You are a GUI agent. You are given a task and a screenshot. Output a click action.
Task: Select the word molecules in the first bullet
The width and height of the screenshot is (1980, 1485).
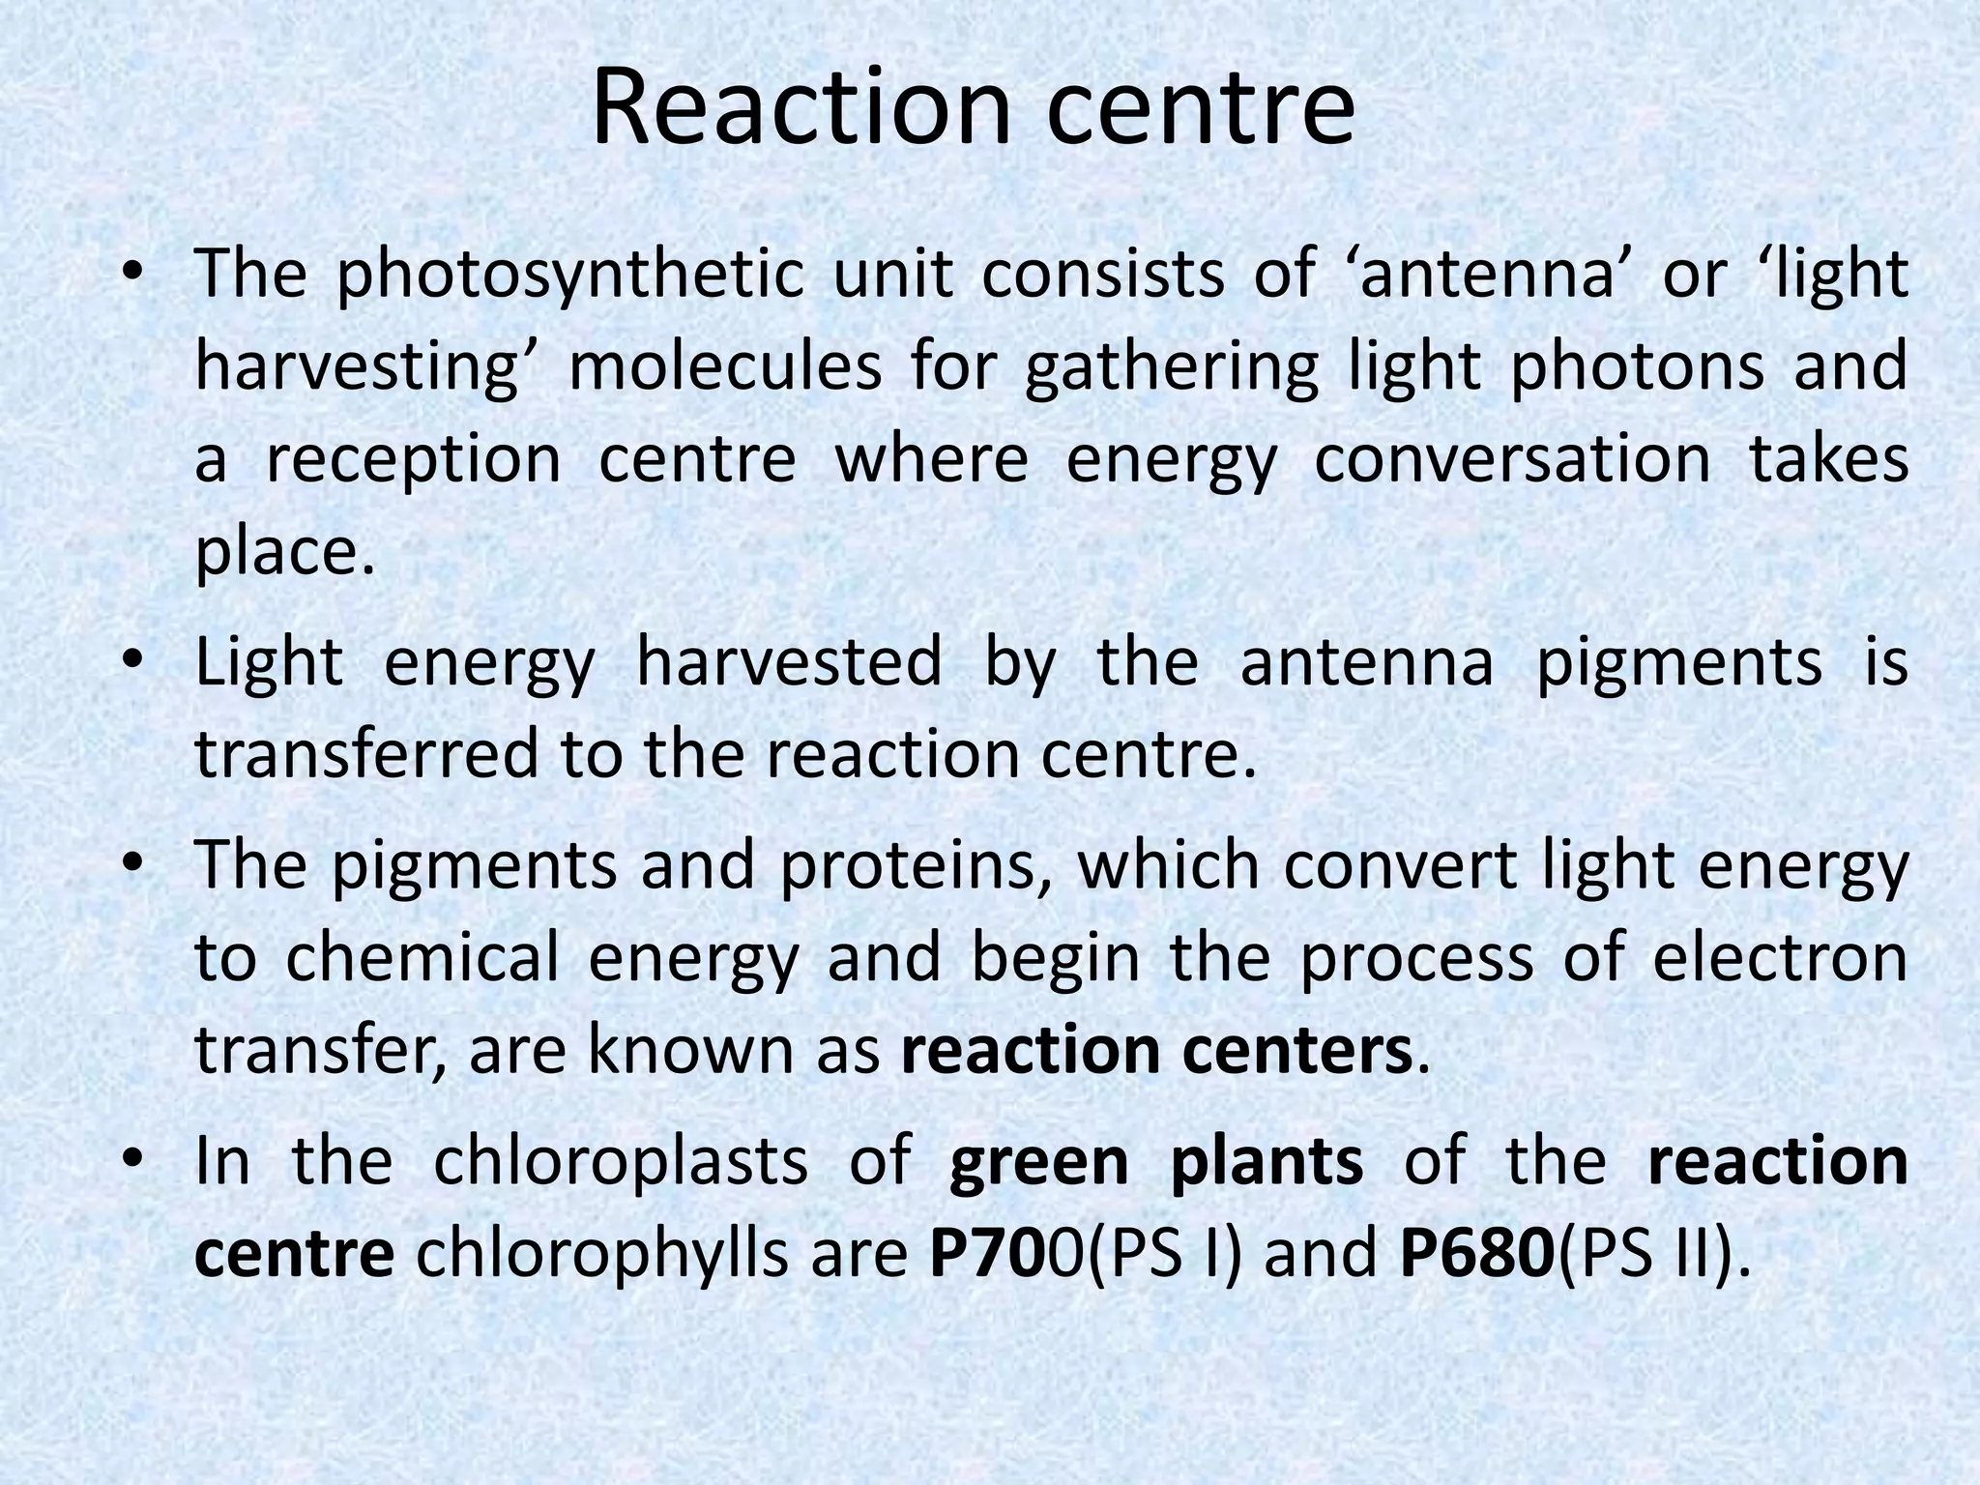[725, 367]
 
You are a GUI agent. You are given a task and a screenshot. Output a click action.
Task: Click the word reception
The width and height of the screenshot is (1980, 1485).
[413, 459]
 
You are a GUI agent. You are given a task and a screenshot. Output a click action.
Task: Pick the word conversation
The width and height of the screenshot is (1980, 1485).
[1512, 459]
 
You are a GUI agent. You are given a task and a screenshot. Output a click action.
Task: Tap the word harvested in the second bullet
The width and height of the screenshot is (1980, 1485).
[789, 663]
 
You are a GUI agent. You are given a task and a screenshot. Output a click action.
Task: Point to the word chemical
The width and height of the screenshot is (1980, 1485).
[422, 958]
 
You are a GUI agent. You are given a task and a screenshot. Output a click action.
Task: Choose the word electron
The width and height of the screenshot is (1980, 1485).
[1781, 958]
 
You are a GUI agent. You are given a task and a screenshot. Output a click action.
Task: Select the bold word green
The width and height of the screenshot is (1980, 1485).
[1038, 1161]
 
